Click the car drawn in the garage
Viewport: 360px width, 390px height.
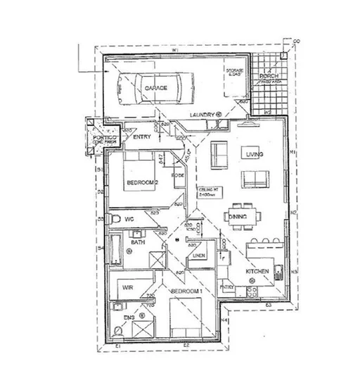[x=155, y=88]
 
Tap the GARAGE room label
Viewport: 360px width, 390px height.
[x=155, y=88]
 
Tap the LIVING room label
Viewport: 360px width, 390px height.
[x=252, y=153]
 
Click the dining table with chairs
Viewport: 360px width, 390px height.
[x=238, y=218]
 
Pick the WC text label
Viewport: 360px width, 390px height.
[x=129, y=220]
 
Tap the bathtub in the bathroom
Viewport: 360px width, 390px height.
[x=117, y=251]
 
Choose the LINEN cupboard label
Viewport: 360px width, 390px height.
[x=199, y=256]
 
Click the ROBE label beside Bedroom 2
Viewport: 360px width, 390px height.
[x=179, y=173]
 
